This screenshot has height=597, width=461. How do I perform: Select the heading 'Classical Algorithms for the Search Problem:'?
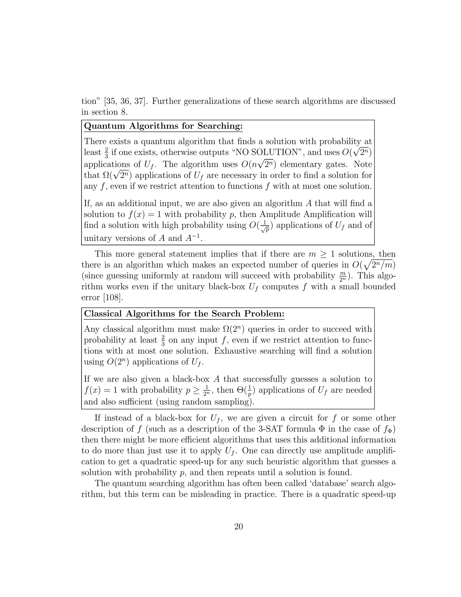[184, 314]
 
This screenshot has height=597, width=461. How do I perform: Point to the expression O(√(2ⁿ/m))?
[373, 265]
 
